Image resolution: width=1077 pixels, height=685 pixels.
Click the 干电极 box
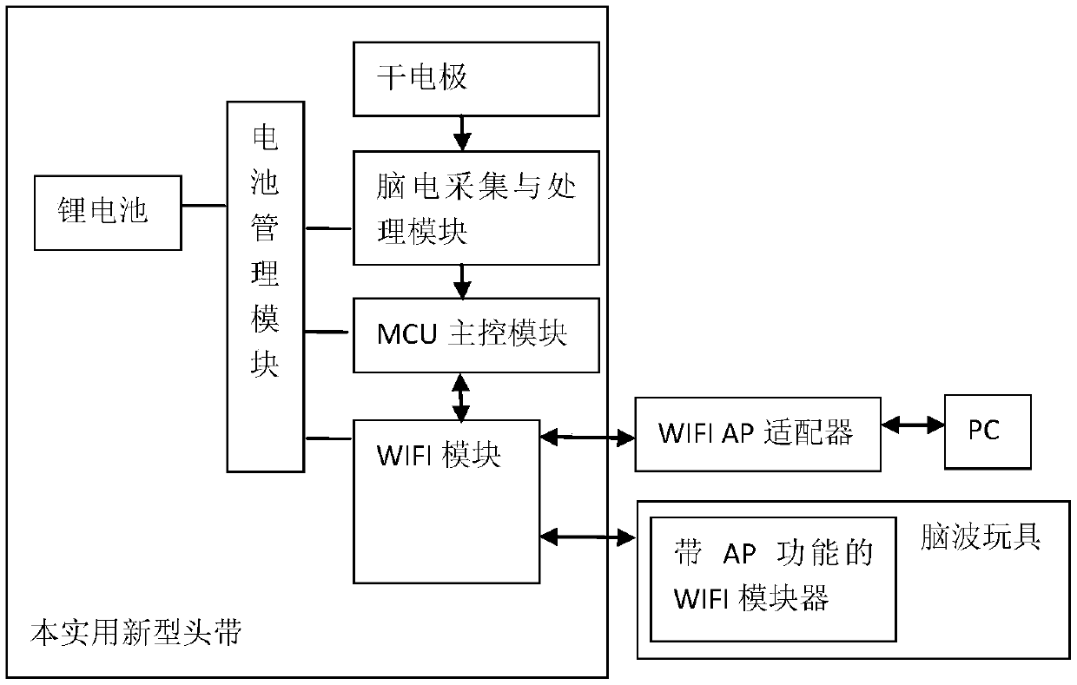point(476,79)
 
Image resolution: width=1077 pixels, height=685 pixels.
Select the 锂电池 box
point(108,213)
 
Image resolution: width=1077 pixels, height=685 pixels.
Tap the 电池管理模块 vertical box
point(266,287)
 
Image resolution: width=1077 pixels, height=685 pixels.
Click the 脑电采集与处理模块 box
point(476,208)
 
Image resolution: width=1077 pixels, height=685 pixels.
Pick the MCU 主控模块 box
point(476,335)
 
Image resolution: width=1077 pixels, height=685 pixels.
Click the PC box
point(988,431)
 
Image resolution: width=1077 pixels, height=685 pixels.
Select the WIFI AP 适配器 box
point(757,434)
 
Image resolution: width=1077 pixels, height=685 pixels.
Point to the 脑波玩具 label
point(981,536)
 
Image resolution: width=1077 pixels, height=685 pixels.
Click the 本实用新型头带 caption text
point(136,632)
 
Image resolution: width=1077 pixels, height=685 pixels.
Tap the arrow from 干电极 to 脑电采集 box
point(462,133)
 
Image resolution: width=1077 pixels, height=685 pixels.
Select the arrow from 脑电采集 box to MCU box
point(462,281)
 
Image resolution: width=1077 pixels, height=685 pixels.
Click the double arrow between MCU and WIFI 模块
point(461,397)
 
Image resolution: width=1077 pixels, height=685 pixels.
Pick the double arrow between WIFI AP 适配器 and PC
point(913,425)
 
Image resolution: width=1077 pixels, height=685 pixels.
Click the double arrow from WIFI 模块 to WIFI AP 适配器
point(587,437)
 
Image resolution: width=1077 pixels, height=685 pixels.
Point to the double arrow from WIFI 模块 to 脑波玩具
point(587,537)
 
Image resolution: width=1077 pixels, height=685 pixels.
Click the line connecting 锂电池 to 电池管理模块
point(204,206)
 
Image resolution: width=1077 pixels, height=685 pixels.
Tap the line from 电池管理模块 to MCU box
point(327,332)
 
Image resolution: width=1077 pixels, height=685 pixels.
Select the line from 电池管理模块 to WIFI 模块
point(329,438)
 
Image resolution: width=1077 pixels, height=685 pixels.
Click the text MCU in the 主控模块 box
point(406,334)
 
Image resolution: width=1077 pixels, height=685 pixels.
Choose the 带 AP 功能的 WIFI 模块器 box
point(773,579)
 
